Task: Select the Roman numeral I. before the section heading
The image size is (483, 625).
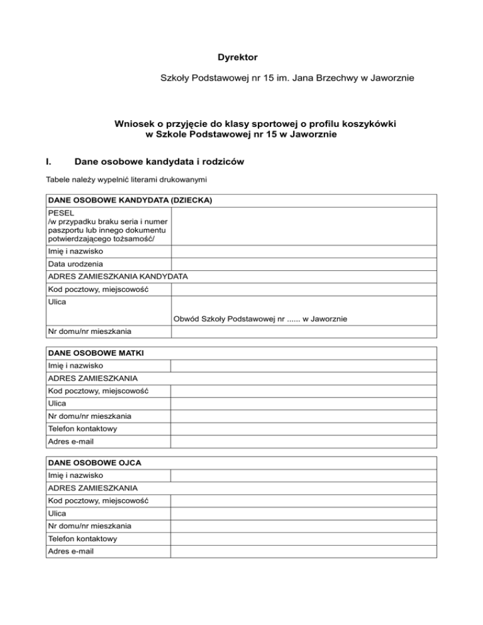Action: click(x=50, y=162)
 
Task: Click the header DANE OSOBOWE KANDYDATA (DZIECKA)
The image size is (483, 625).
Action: click(x=130, y=201)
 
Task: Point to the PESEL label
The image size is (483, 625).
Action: click(x=60, y=213)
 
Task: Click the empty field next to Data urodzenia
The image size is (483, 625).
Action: click(x=304, y=264)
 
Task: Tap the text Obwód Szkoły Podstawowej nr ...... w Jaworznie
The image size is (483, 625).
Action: click(x=260, y=319)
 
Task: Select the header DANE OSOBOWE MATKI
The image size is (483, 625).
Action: click(x=96, y=353)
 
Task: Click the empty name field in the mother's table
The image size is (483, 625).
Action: click(x=304, y=365)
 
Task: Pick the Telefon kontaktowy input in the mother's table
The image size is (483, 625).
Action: click(x=304, y=429)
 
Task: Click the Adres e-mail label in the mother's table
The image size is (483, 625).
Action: click(x=70, y=441)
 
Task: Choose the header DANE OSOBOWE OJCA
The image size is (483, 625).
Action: click(x=94, y=462)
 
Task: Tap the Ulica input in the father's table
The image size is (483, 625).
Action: click(x=304, y=513)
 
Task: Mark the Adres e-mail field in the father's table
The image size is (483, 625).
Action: click(x=304, y=551)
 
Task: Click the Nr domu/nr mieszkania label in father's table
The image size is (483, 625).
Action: click(x=90, y=526)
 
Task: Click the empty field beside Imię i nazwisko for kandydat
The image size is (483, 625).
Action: click(x=304, y=252)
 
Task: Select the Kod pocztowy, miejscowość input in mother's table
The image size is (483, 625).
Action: click(x=304, y=390)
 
